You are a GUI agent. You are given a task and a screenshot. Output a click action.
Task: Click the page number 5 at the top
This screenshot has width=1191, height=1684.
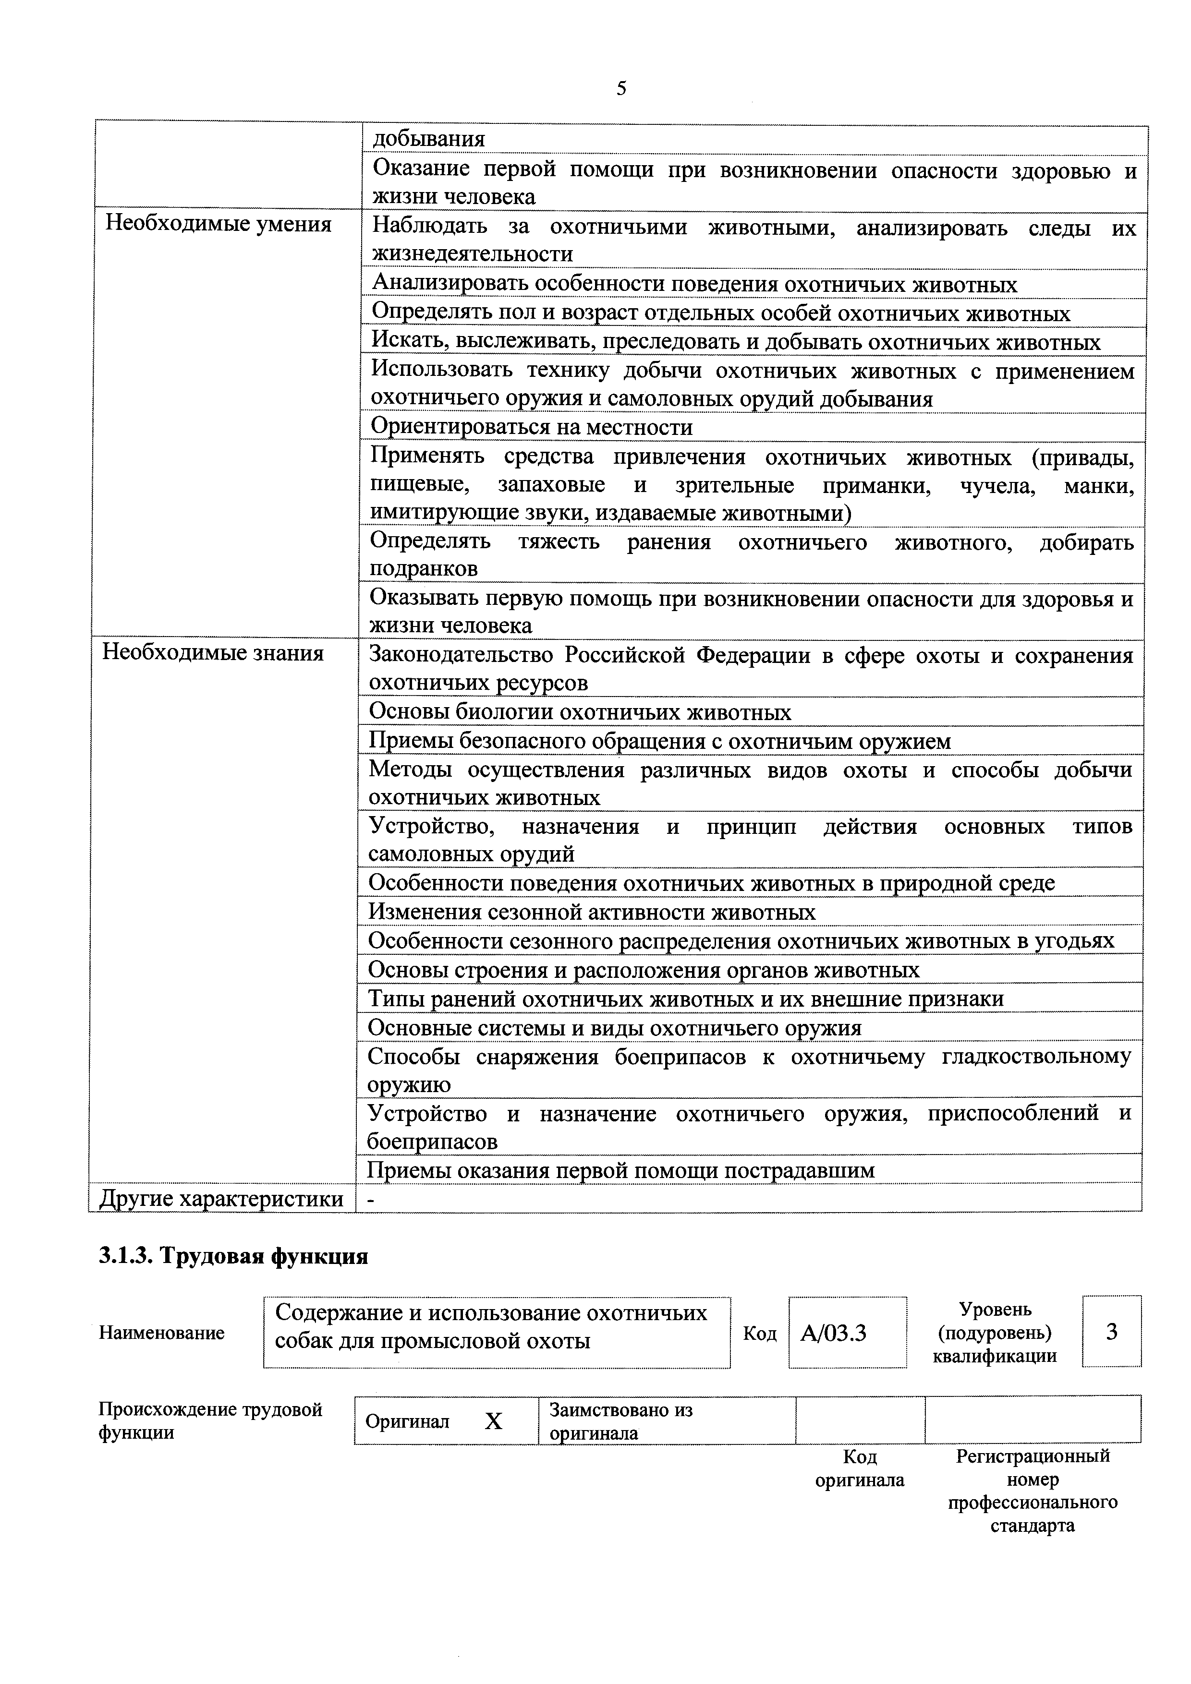pyautogui.click(x=621, y=89)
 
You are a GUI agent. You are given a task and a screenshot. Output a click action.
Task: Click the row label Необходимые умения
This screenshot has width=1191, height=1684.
pyautogui.click(x=219, y=224)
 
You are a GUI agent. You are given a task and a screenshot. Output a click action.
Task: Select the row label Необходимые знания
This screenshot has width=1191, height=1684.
pyautogui.click(x=213, y=653)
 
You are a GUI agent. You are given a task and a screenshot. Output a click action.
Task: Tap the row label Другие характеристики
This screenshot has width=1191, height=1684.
pyautogui.click(x=221, y=1199)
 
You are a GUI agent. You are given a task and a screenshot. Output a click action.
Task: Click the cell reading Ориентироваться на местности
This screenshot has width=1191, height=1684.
pyautogui.click(x=531, y=427)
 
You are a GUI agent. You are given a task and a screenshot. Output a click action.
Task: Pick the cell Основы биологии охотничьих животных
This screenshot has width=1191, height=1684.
pyautogui.click(x=580, y=711)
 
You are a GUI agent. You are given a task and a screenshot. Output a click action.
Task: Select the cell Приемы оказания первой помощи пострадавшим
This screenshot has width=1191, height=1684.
pyautogui.click(x=621, y=1170)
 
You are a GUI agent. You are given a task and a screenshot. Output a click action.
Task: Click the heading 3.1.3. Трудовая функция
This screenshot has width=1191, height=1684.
pyautogui.click(x=233, y=1256)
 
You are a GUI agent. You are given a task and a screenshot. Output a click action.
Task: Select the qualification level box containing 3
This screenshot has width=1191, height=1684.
pyautogui.click(x=1111, y=1331)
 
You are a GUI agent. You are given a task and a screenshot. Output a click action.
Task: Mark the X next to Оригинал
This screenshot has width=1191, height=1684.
pyautogui.click(x=494, y=1421)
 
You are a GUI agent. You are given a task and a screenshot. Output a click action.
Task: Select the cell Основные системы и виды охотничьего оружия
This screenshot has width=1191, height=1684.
pyautogui.click(x=614, y=1028)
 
